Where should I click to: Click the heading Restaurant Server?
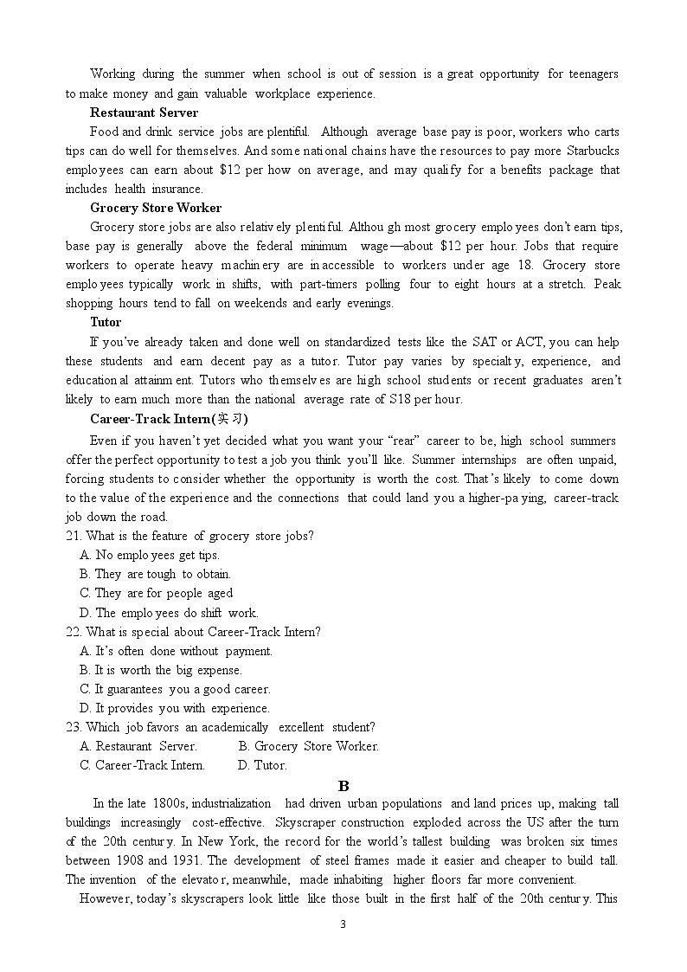pos(144,113)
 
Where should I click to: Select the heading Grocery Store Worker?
pos(156,208)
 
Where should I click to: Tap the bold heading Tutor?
pos(106,322)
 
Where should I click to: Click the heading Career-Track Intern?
pos(162,419)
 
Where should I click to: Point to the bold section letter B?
pos(343,785)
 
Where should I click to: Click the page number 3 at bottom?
pos(343,924)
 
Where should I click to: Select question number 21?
pos(74,536)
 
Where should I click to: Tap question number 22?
pos(74,632)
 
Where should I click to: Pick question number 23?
pos(74,727)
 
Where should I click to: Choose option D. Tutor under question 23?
pos(262,765)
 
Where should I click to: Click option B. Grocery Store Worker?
pos(309,746)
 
